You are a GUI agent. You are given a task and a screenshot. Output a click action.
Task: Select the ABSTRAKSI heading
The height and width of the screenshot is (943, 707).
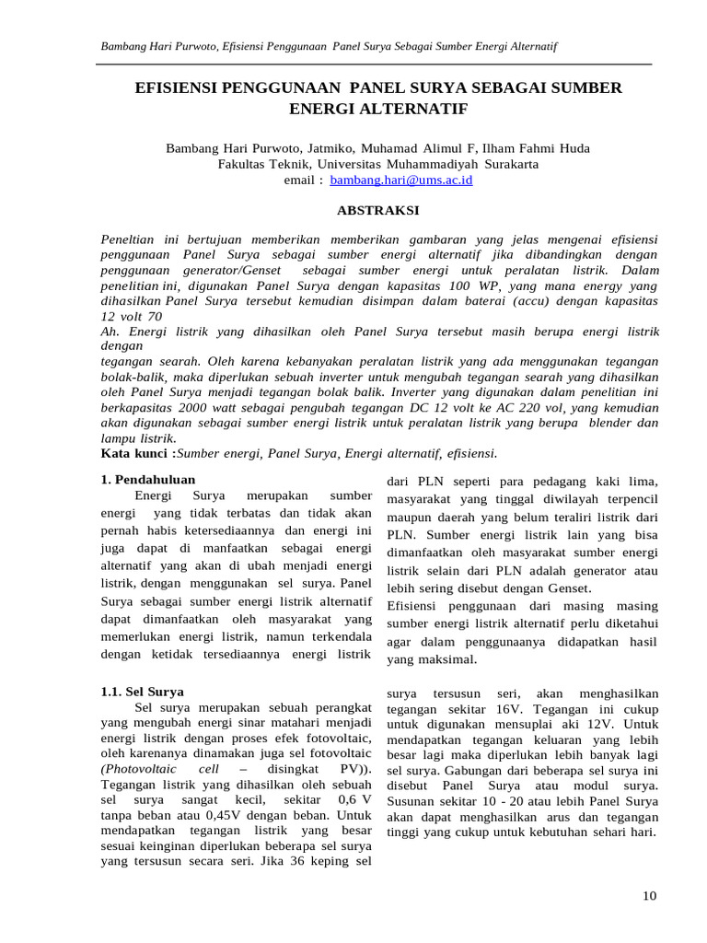tap(377, 211)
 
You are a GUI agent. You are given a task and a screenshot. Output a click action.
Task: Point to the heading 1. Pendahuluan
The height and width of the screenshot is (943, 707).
tap(146, 480)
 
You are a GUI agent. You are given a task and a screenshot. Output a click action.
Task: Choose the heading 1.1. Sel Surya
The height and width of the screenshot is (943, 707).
tap(142, 691)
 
